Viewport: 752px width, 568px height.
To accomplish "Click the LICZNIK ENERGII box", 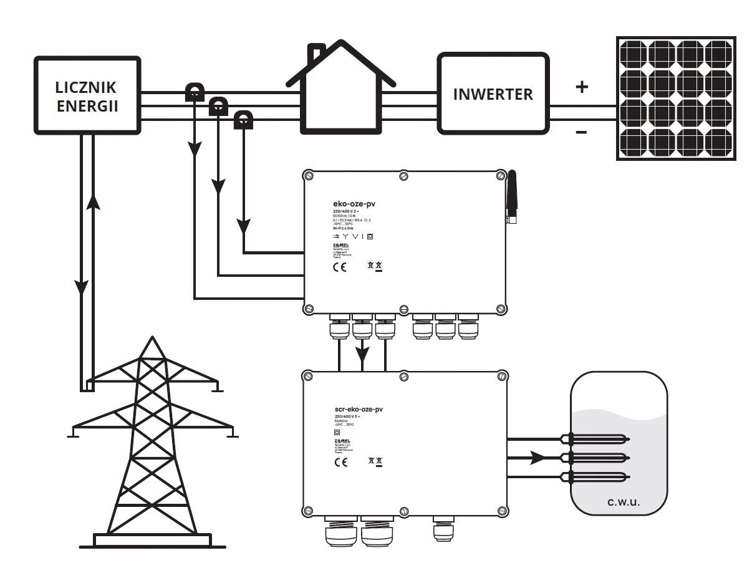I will click(87, 95).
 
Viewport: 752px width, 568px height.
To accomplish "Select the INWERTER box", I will click(493, 94).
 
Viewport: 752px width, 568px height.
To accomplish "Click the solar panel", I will click(677, 98).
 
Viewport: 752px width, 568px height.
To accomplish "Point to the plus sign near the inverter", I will click(582, 87).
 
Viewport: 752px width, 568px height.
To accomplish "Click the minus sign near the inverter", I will click(581, 132).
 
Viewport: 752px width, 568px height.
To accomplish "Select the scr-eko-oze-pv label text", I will click(359, 409).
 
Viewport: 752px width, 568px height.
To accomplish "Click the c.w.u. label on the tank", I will click(624, 502).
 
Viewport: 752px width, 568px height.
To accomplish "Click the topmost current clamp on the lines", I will click(194, 94).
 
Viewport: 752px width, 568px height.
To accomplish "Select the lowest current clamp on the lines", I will click(243, 118).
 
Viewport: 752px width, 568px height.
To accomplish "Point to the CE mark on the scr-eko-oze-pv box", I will click(340, 463).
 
